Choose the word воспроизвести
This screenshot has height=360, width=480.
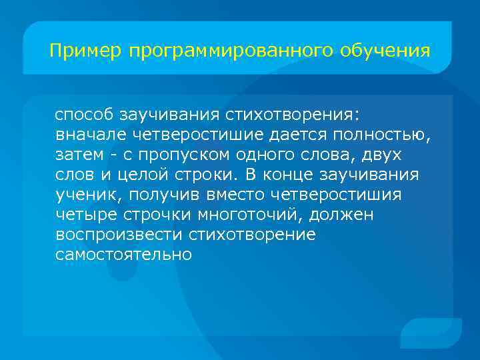(x=119, y=235)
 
